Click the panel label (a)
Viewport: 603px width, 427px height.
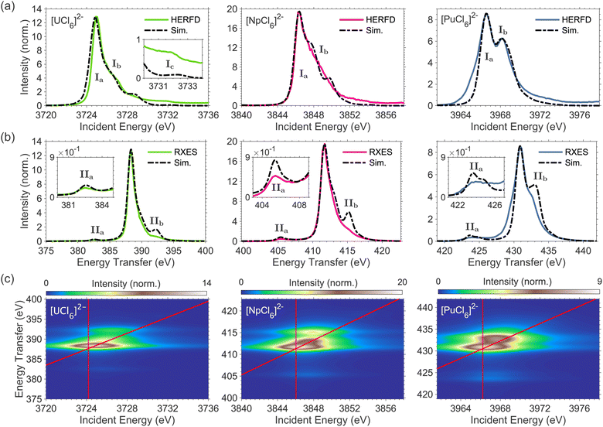point(7,7)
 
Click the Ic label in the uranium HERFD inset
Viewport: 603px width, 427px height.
point(170,64)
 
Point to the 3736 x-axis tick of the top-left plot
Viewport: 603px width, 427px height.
point(209,115)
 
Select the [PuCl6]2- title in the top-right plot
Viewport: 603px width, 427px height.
point(457,19)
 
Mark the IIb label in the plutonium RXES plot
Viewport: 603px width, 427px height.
point(540,177)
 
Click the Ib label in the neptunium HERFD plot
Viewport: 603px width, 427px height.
point(323,50)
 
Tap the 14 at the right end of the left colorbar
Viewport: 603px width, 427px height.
point(207,284)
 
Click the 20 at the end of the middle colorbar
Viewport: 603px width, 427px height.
point(402,283)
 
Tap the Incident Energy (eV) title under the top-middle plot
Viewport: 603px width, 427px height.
point(323,127)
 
